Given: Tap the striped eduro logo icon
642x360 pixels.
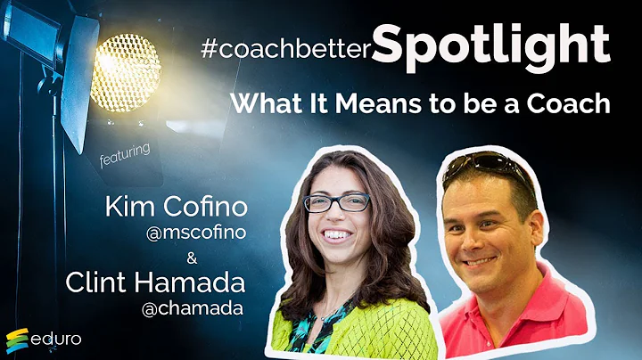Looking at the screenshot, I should [18, 340].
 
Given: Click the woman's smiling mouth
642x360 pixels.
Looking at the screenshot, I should [337, 235].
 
